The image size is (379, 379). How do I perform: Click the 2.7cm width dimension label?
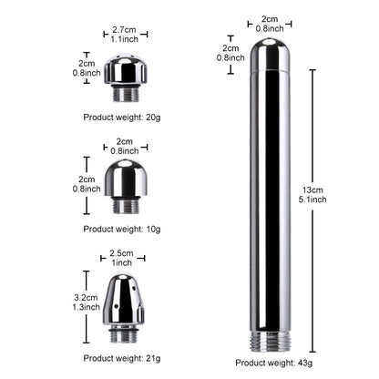[x=124, y=30]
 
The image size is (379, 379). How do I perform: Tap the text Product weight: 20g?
[x=122, y=118]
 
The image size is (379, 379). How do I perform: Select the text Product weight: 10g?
[x=122, y=229]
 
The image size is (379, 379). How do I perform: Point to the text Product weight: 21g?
[x=122, y=358]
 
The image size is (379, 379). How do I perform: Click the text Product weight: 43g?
[x=274, y=363]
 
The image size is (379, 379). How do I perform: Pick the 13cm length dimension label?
[x=312, y=190]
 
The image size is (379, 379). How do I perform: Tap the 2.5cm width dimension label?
[x=121, y=253]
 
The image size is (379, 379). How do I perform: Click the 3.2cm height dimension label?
[x=86, y=298]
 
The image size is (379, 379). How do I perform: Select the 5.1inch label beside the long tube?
[x=312, y=200]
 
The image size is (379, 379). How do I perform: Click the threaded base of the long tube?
[x=270, y=341]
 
